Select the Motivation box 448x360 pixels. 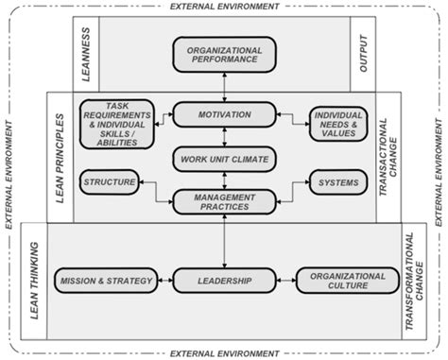click(224, 114)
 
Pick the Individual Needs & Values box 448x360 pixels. click(333, 123)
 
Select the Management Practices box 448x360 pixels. click(224, 199)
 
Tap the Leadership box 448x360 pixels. click(224, 281)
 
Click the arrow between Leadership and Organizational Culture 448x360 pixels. click(284, 281)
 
